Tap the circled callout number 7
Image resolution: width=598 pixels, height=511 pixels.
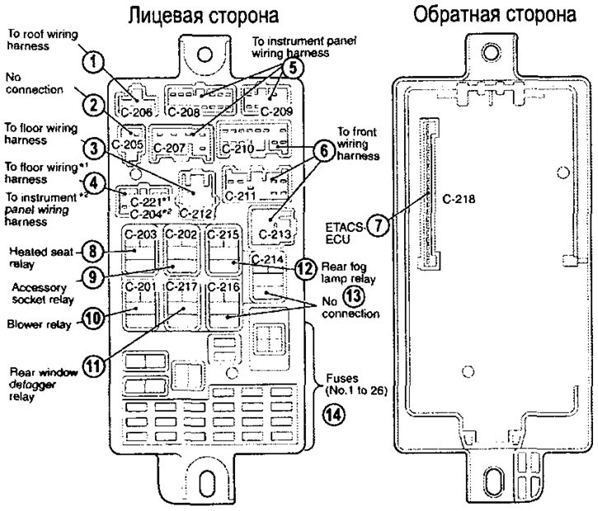378,225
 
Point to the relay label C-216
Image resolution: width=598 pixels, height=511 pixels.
224,286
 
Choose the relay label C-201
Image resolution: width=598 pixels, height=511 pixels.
140,286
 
